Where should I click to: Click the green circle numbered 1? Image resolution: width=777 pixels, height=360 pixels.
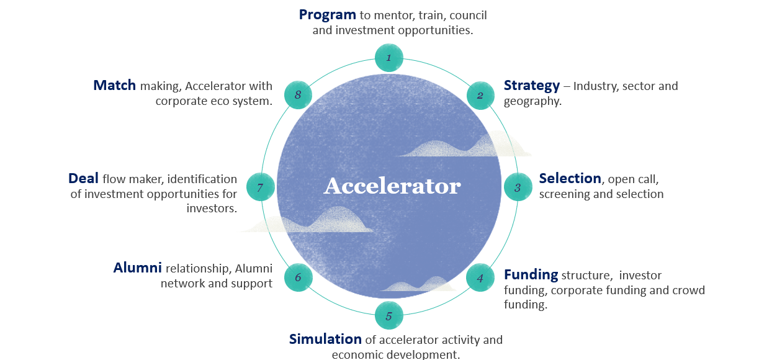coord(389,58)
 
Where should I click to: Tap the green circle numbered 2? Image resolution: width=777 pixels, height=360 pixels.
coord(480,96)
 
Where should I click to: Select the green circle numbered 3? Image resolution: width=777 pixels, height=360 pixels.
coord(518,187)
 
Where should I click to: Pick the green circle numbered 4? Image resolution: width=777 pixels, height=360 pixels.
coord(480,278)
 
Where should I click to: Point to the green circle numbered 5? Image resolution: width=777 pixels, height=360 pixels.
coord(389,315)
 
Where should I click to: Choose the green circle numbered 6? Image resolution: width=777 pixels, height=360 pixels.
coord(298,277)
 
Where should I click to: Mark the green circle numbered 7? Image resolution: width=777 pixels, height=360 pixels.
coord(261,187)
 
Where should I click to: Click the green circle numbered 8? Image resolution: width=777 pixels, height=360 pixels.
coord(298,95)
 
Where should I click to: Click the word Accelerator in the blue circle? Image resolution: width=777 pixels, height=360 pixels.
coord(392,186)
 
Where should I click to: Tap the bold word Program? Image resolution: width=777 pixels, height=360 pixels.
coord(328,15)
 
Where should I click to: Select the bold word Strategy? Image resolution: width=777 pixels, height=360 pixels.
coord(532,86)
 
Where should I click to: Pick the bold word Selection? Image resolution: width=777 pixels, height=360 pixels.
coord(570,178)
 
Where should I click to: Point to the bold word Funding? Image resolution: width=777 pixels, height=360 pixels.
coord(531,275)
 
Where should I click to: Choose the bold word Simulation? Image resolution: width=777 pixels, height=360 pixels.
coord(325,339)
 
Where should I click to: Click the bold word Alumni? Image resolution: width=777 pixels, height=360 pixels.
coord(137,268)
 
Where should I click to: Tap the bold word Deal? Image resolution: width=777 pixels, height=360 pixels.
coord(83,178)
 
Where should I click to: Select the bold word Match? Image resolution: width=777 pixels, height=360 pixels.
coord(114,85)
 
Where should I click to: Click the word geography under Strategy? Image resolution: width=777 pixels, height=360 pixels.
coord(532,101)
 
